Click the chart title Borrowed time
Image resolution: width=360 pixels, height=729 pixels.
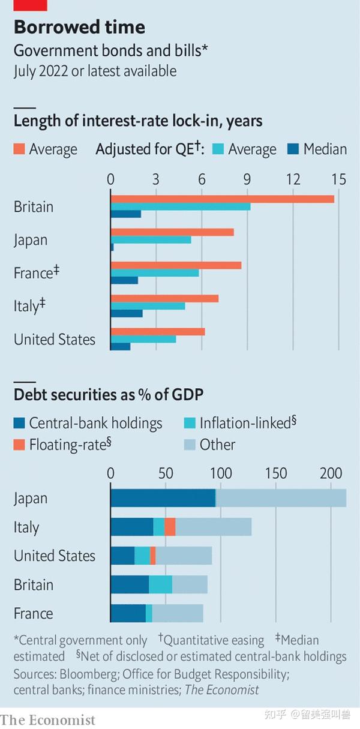click(79, 27)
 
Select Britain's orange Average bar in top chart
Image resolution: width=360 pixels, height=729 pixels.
click(222, 199)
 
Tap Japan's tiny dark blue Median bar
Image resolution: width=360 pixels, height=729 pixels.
click(112, 247)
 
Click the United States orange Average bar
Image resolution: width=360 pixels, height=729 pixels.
click(158, 331)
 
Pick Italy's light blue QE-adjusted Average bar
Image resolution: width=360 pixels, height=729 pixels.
click(148, 305)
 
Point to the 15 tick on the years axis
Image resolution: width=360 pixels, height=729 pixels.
click(338, 179)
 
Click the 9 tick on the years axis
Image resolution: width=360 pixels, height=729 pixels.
click(247, 179)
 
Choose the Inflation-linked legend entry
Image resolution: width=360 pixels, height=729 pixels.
click(240, 423)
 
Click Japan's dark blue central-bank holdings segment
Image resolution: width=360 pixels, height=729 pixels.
click(163, 498)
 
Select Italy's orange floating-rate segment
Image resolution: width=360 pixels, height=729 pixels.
click(170, 527)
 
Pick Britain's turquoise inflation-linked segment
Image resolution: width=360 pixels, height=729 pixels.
click(160, 584)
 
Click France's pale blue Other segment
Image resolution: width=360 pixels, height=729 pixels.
click(178, 613)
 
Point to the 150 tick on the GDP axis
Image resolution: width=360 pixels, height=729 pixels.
click(276, 473)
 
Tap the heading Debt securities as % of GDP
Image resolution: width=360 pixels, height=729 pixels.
click(109, 395)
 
